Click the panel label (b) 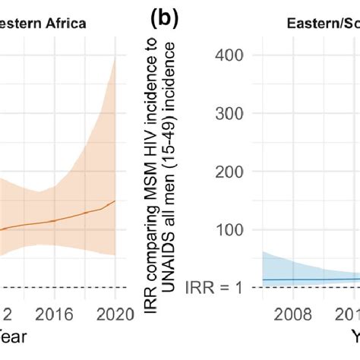[x=163, y=18]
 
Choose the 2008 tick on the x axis [x=294, y=312]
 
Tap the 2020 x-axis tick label [x=115, y=312]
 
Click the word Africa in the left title [x=64, y=23]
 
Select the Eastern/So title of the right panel [x=319, y=23]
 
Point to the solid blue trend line [x=304, y=279]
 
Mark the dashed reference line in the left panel [x=61, y=287]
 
